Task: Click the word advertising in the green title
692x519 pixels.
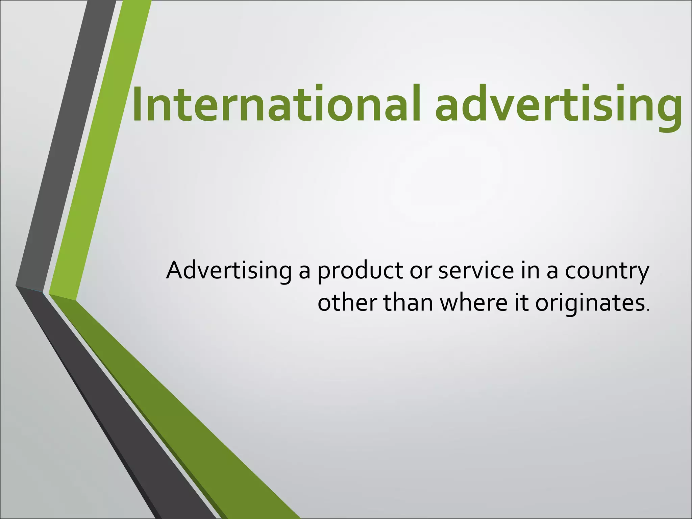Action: pyautogui.click(x=558, y=105)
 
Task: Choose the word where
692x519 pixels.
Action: pyautogui.click(x=473, y=302)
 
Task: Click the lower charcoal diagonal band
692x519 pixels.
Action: pyautogui.click(x=118, y=405)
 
